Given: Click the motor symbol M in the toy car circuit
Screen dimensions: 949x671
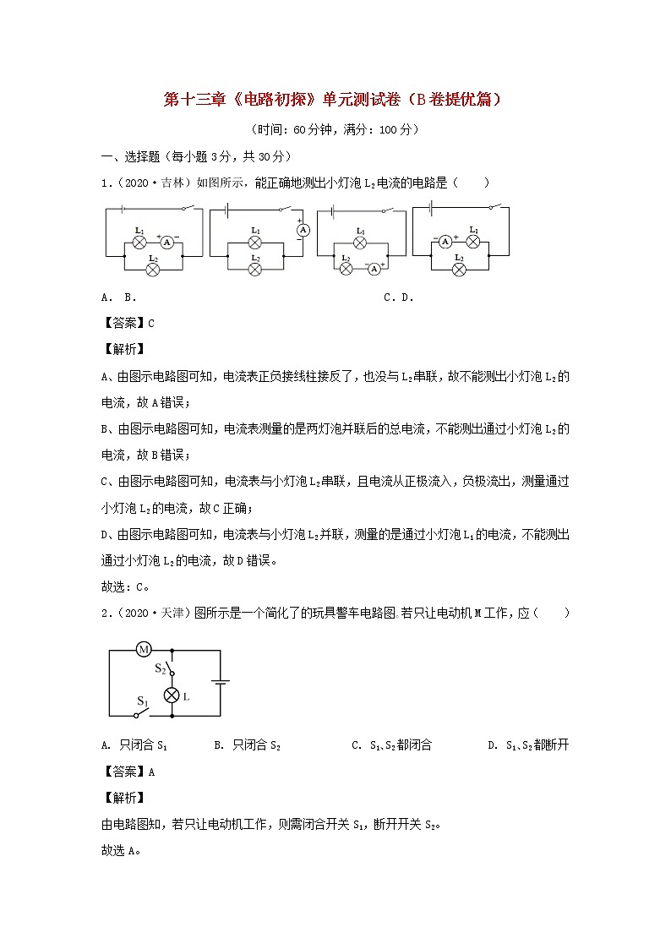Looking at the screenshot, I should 144,650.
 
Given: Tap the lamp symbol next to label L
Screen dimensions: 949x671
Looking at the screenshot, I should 172,695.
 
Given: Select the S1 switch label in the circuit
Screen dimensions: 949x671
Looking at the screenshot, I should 143,701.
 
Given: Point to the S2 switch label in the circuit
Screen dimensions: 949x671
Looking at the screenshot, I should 160,668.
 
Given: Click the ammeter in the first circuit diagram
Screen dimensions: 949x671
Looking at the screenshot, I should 167,242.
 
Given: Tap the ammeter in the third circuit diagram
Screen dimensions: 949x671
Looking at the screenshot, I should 373,268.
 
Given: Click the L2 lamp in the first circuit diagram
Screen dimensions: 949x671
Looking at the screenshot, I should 153,270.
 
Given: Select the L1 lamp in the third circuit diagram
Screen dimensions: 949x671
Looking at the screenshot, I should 360,243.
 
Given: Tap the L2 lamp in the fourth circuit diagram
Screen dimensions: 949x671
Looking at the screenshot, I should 459,270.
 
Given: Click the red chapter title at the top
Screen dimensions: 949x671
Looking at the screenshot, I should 335,100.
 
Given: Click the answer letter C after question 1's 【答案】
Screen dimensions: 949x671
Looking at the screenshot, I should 151,322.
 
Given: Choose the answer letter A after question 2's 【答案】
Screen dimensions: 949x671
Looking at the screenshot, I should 151,771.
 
